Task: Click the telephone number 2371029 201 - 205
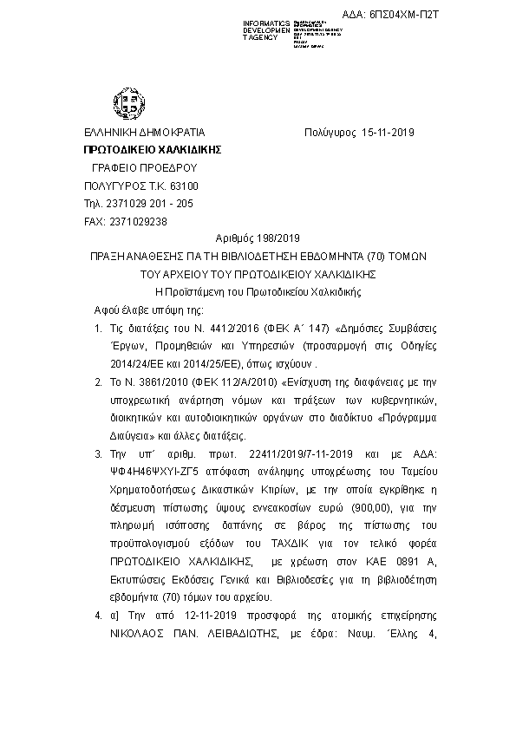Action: pyautogui.click(x=145, y=204)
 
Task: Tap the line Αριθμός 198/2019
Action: pyautogui.click(x=258, y=239)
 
